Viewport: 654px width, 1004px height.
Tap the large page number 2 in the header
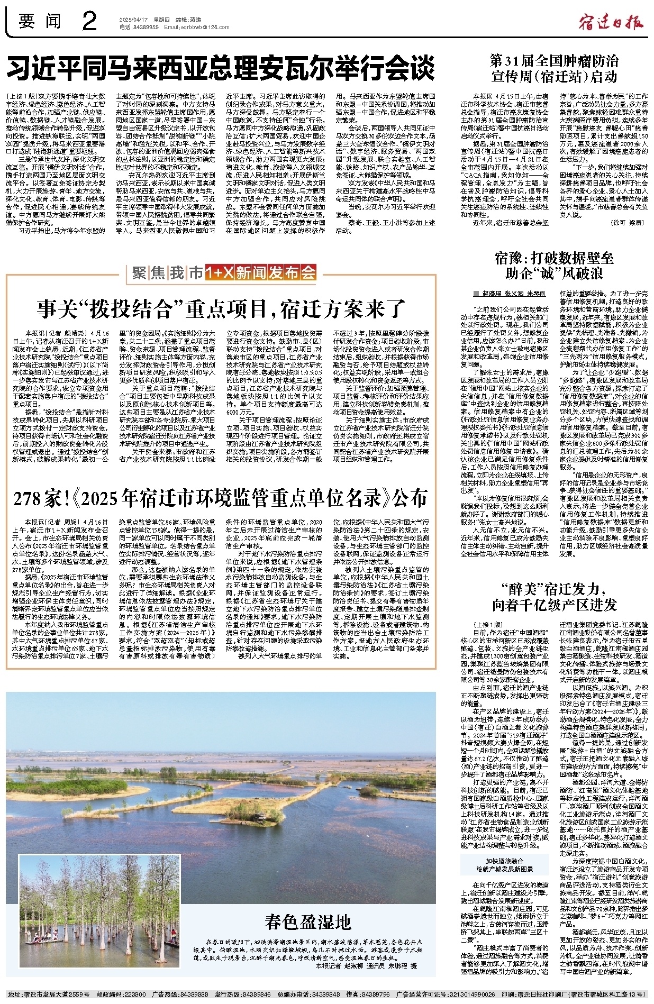point(89,22)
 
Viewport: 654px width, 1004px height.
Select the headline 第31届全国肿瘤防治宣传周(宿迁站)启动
point(554,68)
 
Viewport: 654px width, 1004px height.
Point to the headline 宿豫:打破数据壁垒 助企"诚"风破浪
point(554,266)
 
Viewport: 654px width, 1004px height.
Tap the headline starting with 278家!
point(221,498)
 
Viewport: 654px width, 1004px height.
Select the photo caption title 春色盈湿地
point(307,922)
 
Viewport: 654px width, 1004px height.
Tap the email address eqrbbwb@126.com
point(190,26)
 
